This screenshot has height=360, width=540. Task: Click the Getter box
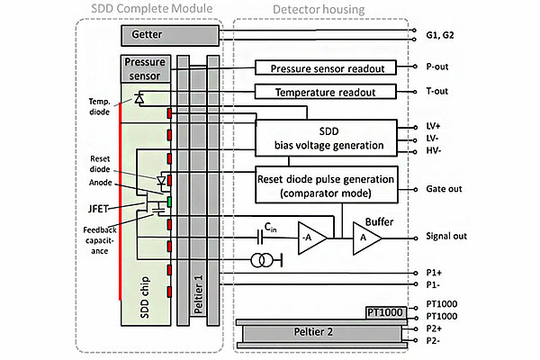[x=169, y=34]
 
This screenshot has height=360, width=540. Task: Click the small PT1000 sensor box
[x=385, y=312]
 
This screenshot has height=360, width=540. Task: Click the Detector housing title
[x=319, y=10]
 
